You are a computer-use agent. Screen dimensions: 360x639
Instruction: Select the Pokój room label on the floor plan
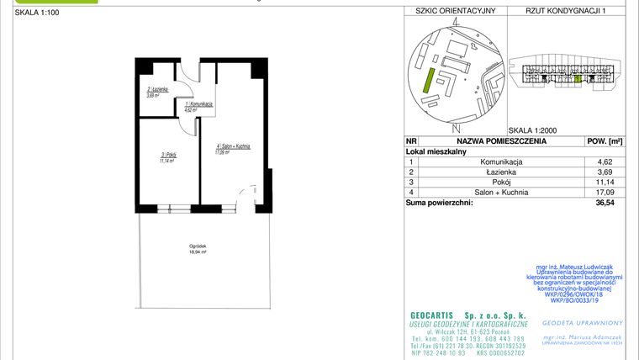tap(166, 156)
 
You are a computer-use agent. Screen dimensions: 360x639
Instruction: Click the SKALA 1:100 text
tap(31, 13)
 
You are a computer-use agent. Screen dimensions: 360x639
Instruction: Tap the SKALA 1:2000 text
tap(533, 130)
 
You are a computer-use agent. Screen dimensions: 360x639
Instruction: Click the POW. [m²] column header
tap(604, 141)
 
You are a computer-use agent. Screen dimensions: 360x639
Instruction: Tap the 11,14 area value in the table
tap(604, 182)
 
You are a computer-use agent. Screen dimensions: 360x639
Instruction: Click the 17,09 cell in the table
tap(604, 192)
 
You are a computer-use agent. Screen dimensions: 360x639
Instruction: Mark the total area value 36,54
tap(604, 203)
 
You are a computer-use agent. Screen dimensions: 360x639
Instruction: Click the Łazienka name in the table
tap(502, 172)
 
